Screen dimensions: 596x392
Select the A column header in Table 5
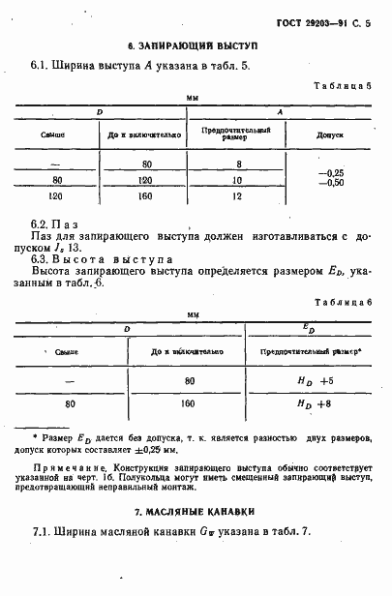[280, 113]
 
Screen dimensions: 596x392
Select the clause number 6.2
[43, 223]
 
